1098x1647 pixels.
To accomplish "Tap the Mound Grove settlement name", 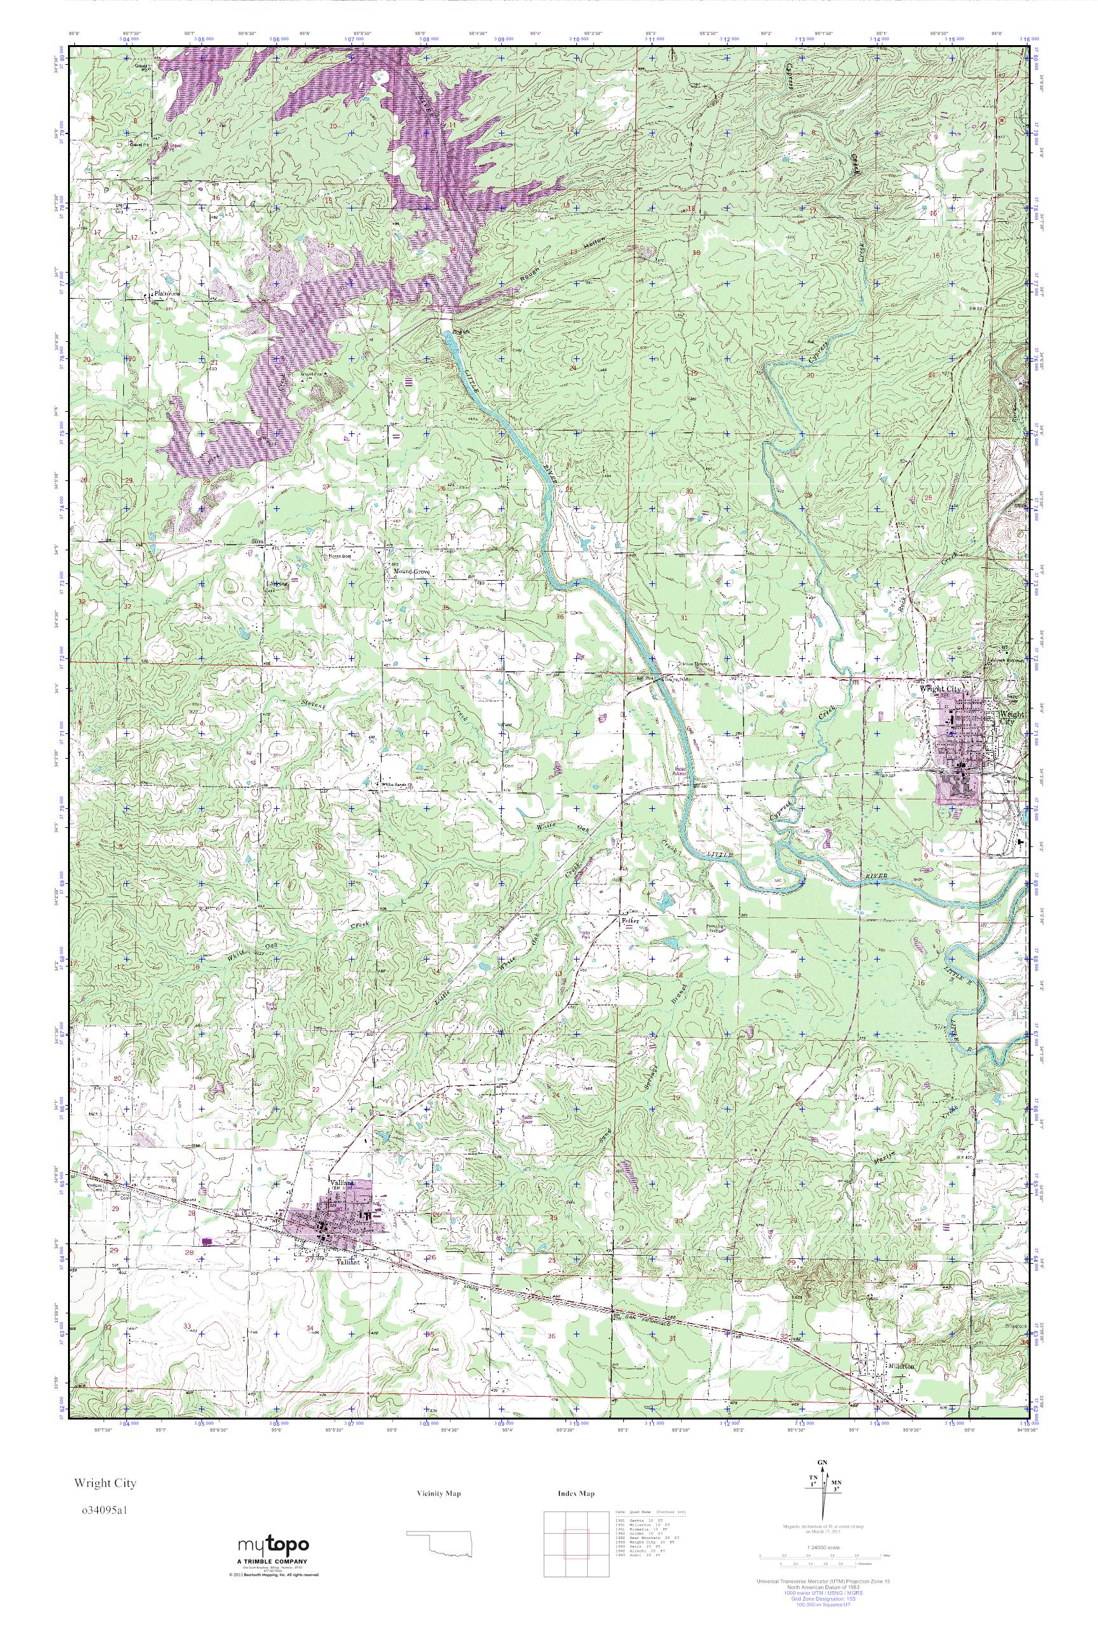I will (410, 572).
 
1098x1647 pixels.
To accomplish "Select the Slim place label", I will (257, 542).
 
